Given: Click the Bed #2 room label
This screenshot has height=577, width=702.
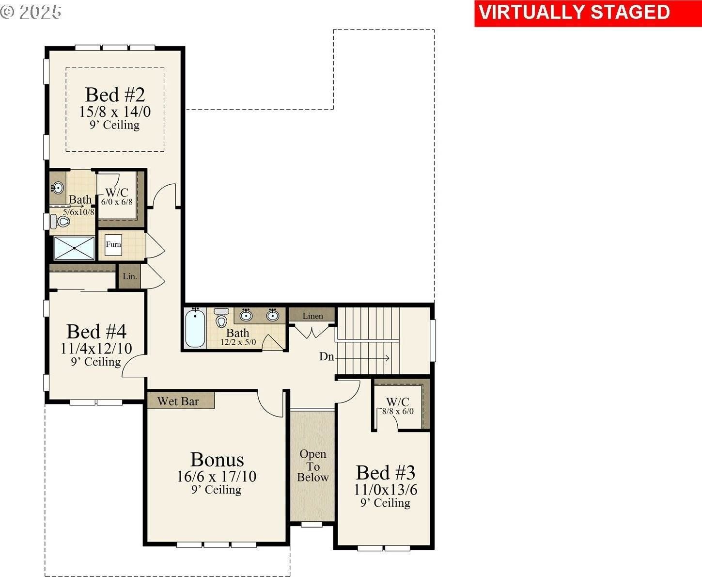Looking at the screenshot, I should [x=115, y=95].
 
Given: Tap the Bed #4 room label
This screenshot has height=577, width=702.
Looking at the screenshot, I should [x=96, y=332].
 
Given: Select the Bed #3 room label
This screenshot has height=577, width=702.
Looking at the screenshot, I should [x=386, y=472].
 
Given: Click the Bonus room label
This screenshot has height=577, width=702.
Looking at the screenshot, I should [x=217, y=459].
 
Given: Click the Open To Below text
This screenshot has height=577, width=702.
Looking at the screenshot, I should [x=312, y=465].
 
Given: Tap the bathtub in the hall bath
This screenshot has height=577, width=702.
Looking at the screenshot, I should [x=195, y=328].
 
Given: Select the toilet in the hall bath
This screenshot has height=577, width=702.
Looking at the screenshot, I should [x=221, y=318].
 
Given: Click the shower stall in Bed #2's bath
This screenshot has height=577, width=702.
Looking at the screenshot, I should [x=74, y=248].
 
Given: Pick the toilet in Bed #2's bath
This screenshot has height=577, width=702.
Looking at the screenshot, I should [x=62, y=222].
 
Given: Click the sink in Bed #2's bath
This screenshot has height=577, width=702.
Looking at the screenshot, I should [x=58, y=188].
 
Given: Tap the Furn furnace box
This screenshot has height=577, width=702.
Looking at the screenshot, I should [x=113, y=244].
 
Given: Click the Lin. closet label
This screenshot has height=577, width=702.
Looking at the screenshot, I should [x=129, y=277].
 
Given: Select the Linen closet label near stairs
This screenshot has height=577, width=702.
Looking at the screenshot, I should [x=312, y=316].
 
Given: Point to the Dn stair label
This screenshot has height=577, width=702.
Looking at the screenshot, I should [x=327, y=357].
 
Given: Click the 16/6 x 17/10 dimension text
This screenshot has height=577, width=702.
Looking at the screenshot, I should [x=217, y=476].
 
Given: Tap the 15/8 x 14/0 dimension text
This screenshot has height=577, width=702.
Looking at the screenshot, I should [x=115, y=112].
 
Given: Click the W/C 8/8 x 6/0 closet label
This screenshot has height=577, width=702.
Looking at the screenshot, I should [x=398, y=406].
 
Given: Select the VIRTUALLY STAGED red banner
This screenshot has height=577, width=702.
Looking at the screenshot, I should [x=574, y=13].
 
